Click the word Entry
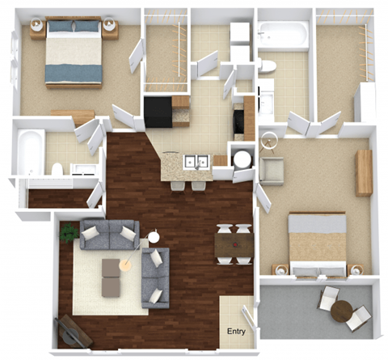pos(236,332)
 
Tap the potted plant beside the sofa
pos(67,234)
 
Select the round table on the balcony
pos(341,310)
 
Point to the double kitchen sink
pos(194,162)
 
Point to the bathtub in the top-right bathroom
pos(283,35)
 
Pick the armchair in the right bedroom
pos(272,171)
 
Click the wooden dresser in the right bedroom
pos(365,172)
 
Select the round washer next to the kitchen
pos(242,158)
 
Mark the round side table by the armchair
pos(154,238)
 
